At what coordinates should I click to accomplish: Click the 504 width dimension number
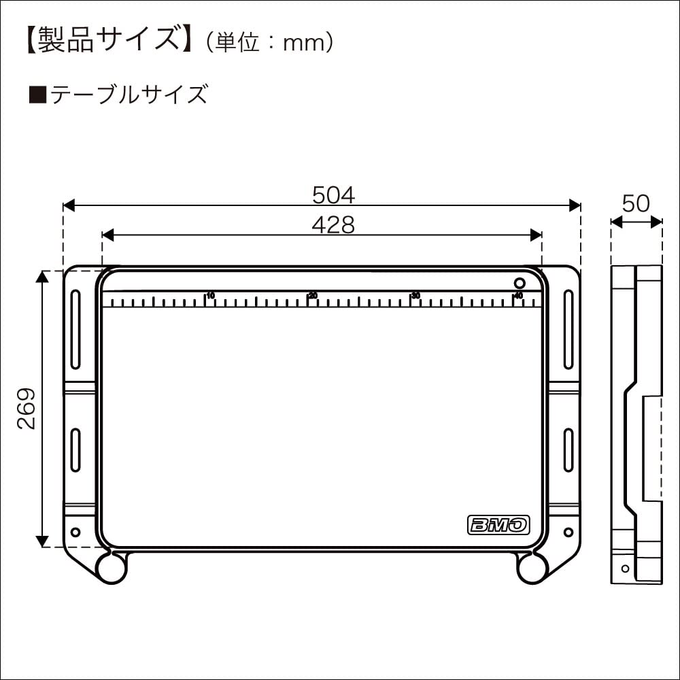click(x=333, y=195)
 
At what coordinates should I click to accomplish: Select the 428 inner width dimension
click(x=333, y=224)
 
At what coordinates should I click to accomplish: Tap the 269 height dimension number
click(x=27, y=408)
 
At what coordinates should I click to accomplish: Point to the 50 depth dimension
click(x=636, y=203)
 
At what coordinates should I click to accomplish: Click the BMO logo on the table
click(x=498, y=524)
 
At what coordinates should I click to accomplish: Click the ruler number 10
click(x=211, y=296)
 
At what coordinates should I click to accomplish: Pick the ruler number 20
click(x=313, y=296)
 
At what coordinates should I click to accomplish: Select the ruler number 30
click(x=415, y=296)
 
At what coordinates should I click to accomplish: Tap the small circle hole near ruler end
click(x=520, y=283)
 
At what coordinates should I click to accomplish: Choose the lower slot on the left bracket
click(x=75, y=449)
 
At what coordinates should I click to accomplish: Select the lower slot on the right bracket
click(x=568, y=449)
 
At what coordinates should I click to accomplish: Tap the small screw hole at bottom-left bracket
click(x=75, y=531)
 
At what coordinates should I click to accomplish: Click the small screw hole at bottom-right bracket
click(x=568, y=531)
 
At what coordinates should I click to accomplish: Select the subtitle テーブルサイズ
click(x=126, y=95)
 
